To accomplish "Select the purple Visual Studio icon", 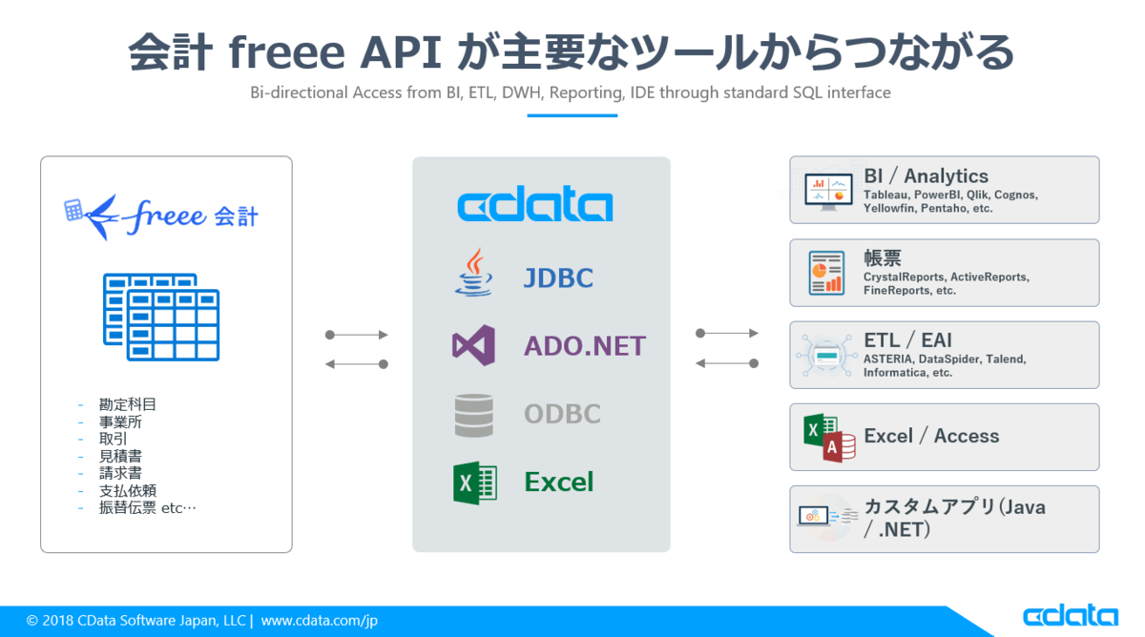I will click(x=473, y=345).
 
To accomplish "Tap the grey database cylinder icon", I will click(x=474, y=415).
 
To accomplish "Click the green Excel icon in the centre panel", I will click(x=474, y=483).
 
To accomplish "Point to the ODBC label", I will click(x=562, y=415).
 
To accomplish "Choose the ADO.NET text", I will click(x=584, y=345).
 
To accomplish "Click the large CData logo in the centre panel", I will click(x=535, y=205).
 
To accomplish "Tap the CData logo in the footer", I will click(x=1070, y=615).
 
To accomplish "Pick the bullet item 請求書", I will click(x=121, y=473).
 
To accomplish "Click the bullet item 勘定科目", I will click(x=128, y=404).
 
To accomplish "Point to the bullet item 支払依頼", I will click(x=128, y=490).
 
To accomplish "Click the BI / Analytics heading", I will click(x=926, y=175).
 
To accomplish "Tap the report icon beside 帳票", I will click(x=825, y=273).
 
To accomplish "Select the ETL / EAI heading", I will click(x=907, y=340).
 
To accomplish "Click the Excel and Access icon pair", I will click(x=828, y=438).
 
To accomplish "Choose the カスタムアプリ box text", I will click(x=954, y=518).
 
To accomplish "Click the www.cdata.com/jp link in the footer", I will click(x=320, y=620).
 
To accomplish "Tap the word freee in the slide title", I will click(x=286, y=54).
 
